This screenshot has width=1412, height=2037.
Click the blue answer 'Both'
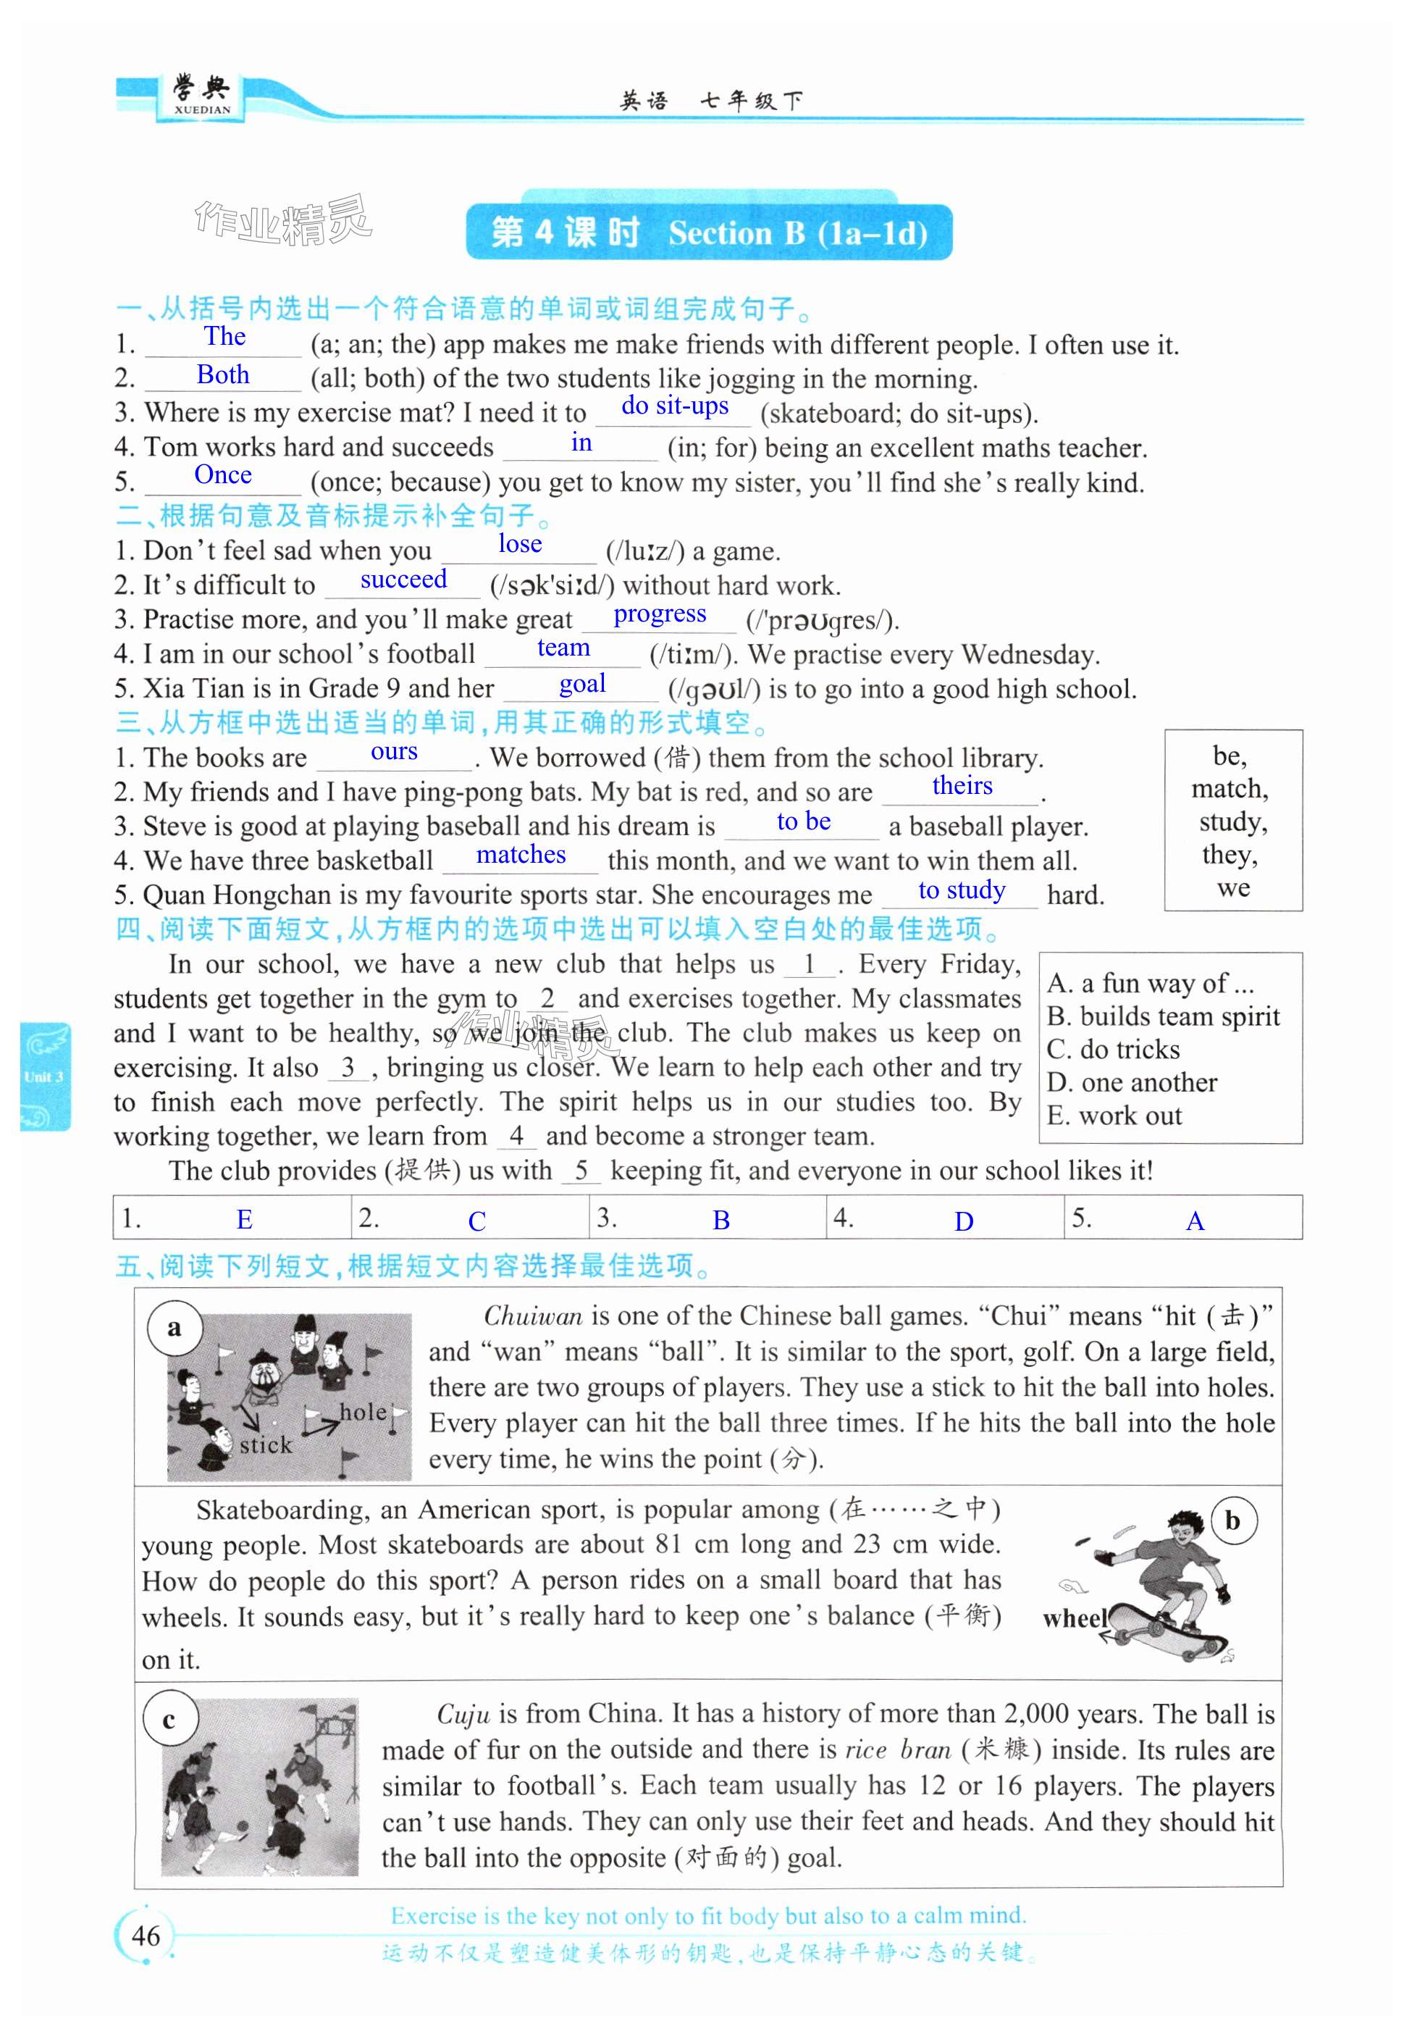tap(223, 375)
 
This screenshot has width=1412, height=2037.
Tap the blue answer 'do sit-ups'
tap(674, 406)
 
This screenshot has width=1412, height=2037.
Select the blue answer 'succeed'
tap(403, 580)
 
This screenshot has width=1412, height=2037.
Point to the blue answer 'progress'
tap(659, 614)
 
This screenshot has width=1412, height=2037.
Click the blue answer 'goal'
tap(582, 683)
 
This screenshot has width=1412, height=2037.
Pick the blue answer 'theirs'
tap(962, 786)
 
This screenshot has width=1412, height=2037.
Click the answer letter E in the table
tap(244, 1221)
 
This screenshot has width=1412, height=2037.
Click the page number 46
tap(146, 1936)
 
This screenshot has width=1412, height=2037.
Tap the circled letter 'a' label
tap(175, 1327)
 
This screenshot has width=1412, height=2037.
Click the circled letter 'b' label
tap(1232, 1521)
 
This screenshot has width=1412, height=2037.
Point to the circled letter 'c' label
tap(169, 1719)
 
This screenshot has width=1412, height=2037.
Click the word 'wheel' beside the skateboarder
tap(1074, 1618)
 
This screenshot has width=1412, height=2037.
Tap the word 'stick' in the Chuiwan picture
tap(266, 1445)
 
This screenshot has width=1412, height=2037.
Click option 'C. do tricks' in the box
tap(1113, 1050)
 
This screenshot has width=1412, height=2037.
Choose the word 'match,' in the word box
tap(1229, 788)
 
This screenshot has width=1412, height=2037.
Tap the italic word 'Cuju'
tap(463, 1714)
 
